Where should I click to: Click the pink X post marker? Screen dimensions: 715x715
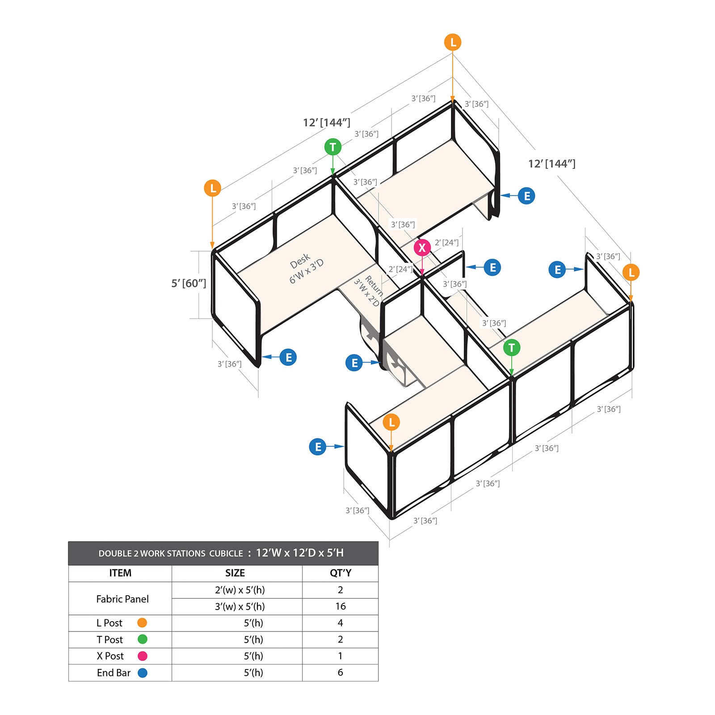coord(422,248)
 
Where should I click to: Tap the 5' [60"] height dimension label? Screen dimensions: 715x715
coord(189,283)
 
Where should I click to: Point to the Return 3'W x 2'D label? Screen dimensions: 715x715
coord(369,290)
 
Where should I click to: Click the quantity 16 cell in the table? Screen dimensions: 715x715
coord(340,606)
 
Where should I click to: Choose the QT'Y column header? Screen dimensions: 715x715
coord(341,573)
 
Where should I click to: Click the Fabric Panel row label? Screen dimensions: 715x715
coord(122,599)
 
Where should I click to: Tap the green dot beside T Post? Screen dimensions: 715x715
coord(143,639)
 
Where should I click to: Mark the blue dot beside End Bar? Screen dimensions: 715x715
coord(143,673)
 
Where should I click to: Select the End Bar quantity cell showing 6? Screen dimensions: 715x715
coord(340,673)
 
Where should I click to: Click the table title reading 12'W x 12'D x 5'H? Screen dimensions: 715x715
coord(300,553)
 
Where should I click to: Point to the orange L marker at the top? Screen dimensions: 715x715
coord(453,42)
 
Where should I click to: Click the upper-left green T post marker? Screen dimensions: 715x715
coord(332,147)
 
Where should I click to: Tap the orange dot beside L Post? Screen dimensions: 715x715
coord(142,622)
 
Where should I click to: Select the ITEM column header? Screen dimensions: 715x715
coord(120,573)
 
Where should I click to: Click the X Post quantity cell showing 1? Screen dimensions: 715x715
coord(340,656)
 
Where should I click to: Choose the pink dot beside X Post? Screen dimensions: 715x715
coord(143,656)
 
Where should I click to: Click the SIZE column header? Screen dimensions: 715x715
coord(235,573)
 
